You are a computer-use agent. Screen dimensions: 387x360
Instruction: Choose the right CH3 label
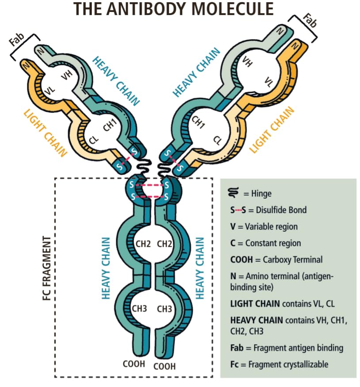pyautogui.click(x=164, y=309)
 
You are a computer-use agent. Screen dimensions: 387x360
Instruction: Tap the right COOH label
pyautogui.click(x=164, y=366)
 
